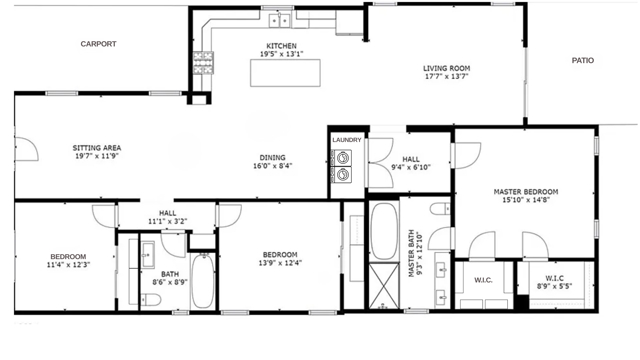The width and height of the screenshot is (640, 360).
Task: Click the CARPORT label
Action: [99, 44]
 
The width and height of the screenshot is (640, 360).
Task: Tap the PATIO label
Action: [582, 61]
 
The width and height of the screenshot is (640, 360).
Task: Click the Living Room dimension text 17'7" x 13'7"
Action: [446, 79]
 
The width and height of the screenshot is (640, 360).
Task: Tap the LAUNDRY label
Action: [346, 140]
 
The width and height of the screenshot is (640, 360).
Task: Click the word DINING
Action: [272, 157]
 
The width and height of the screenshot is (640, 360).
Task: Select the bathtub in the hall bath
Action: [203, 281]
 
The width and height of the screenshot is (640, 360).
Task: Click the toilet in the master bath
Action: [440, 210]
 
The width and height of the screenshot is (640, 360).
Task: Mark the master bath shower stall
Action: [383, 282]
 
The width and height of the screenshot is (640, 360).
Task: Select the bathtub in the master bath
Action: [383, 231]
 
